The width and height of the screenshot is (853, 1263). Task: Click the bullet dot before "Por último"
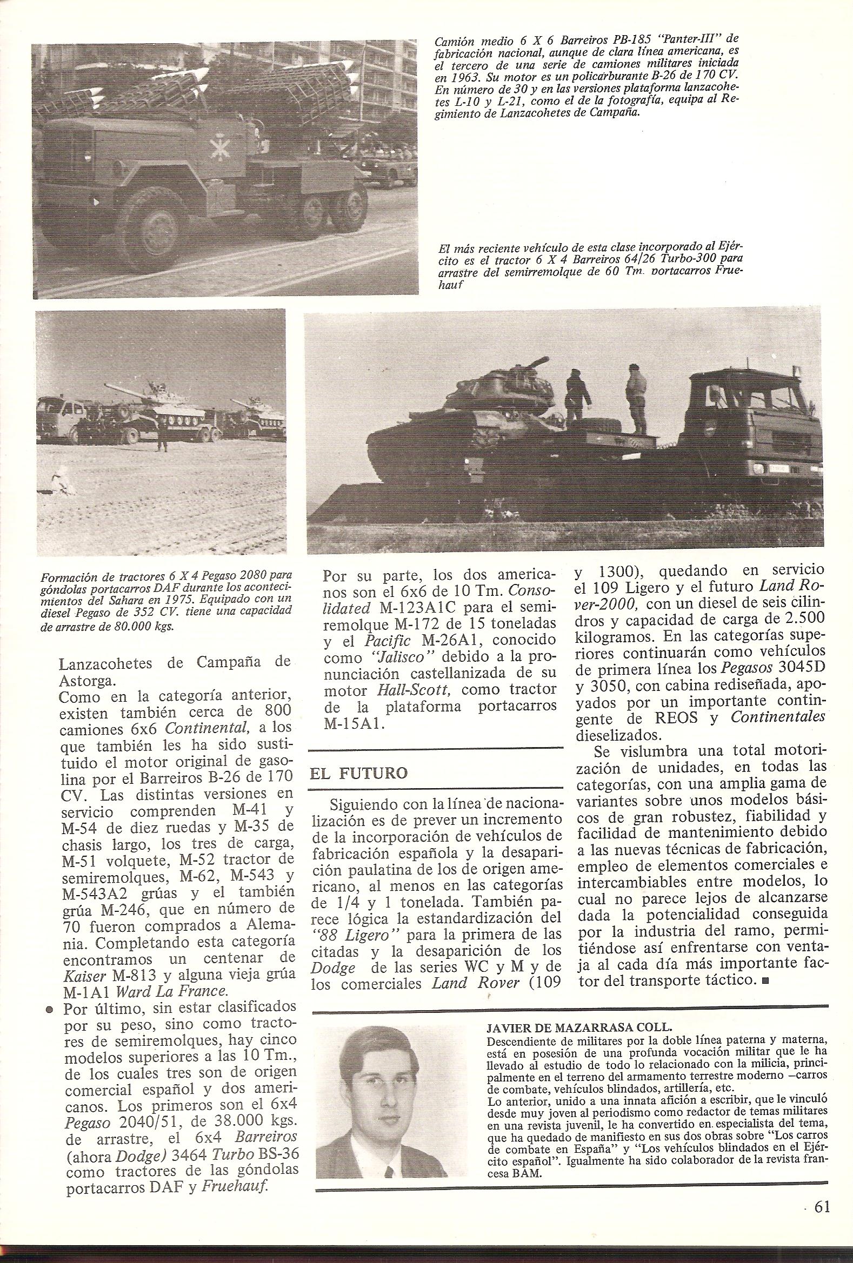point(49,1010)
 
